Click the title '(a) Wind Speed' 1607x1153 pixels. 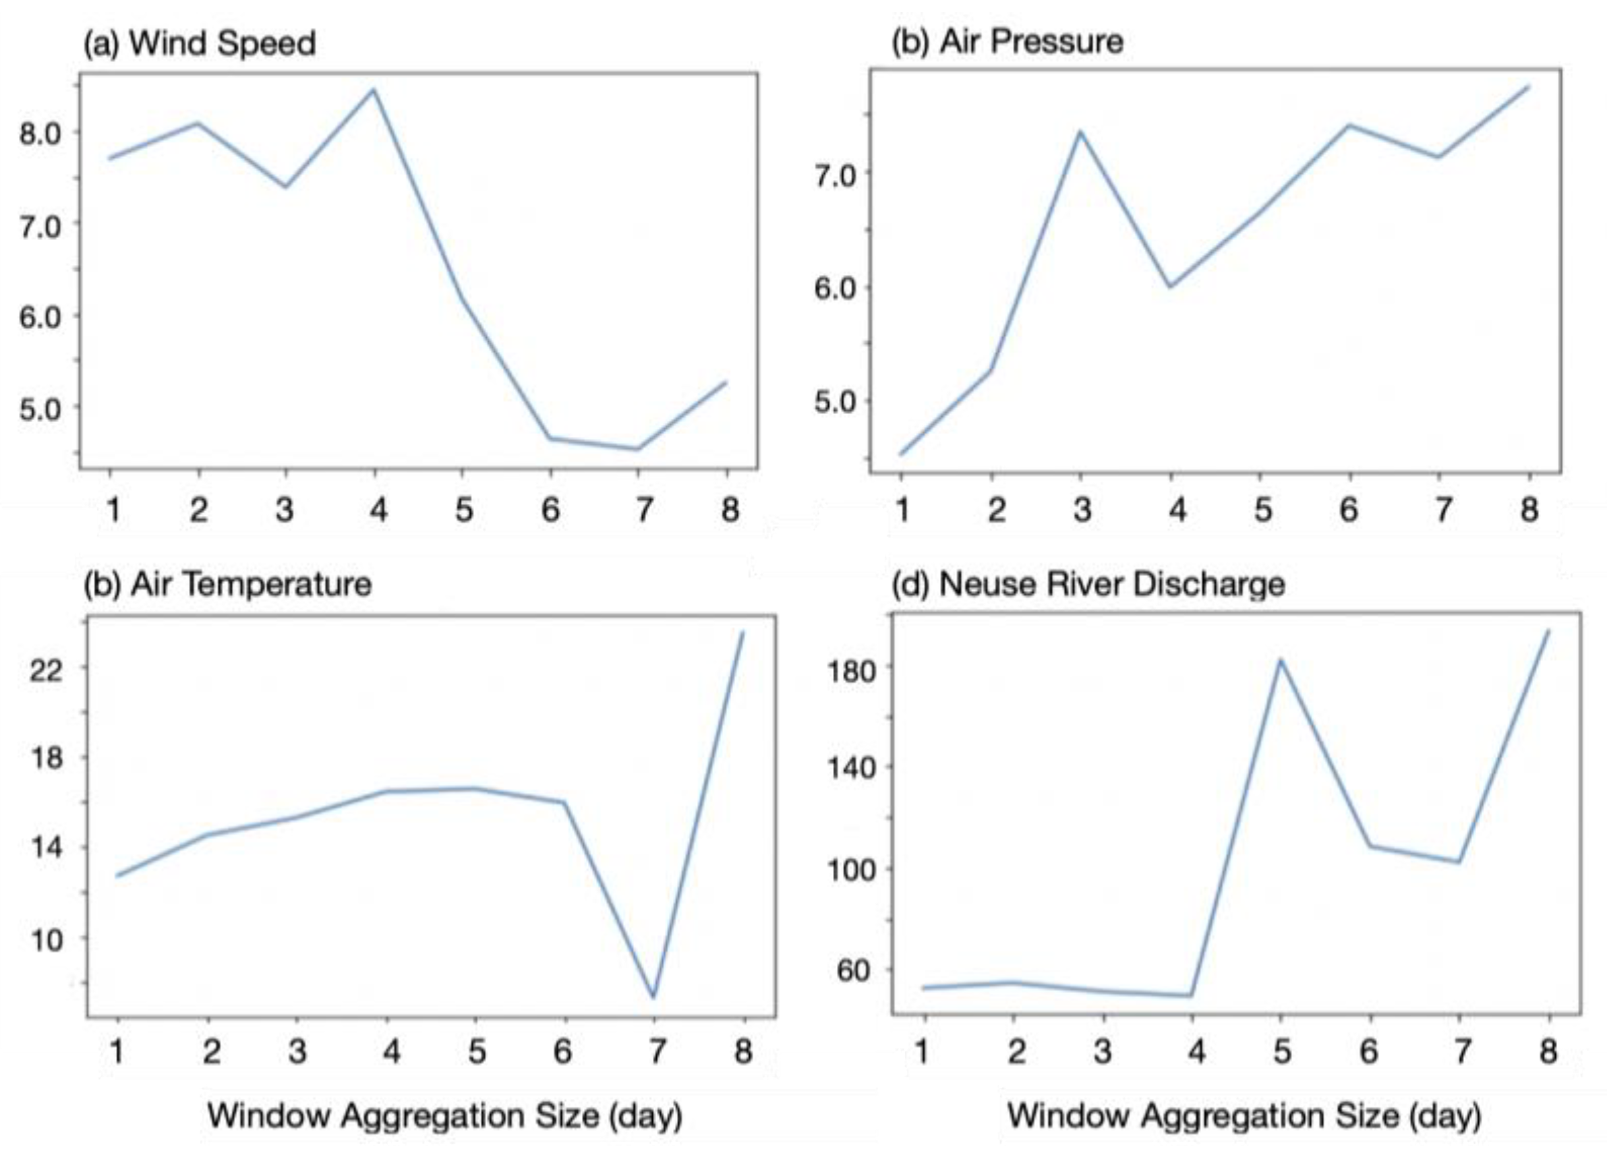[x=199, y=44]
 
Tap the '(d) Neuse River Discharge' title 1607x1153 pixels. [x=1087, y=585]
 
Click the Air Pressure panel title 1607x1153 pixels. [x=1007, y=42]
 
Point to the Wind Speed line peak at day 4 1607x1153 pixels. [x=374, y=90]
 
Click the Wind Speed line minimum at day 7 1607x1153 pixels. [x=638, y=448]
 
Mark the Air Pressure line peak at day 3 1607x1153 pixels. [x=1080, y=131]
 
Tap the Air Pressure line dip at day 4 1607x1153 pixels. [x=1171, y=287]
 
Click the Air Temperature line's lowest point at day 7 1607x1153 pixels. [x=653, y=997]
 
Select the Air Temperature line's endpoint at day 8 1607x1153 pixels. [x=742, y=633]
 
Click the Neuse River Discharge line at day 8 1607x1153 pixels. [x=1548, y=631]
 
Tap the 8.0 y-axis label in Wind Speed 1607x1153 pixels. [x=40, y=134]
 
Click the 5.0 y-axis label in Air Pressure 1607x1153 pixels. [x=836, y=402]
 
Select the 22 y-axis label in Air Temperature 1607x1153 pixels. [x=47, y=668]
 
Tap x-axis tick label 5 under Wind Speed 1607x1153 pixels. [x=463, y=510]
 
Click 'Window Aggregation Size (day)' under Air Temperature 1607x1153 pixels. [x=444, y=1115]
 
